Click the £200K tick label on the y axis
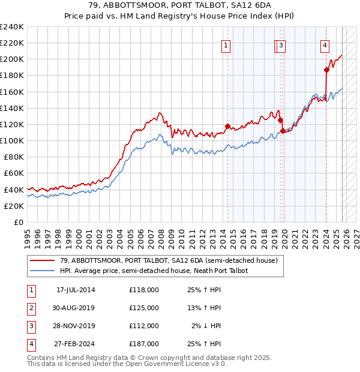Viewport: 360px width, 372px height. [12, 59]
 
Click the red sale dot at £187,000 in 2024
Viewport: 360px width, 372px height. [326, 70]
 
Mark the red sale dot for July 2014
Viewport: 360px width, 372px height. [227, 126]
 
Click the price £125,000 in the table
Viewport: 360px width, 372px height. [144, 308]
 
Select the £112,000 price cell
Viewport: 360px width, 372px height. [144, 326]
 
